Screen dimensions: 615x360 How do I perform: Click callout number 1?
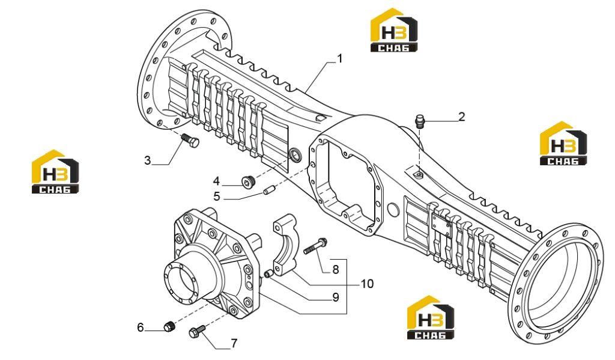340,58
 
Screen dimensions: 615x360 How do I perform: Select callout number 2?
462,117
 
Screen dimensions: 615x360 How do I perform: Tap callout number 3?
148,160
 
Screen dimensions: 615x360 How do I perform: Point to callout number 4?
216,181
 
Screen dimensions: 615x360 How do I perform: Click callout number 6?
141,327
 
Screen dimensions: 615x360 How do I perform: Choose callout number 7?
234,344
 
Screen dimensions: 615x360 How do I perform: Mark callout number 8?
335,269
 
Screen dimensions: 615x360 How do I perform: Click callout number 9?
336,297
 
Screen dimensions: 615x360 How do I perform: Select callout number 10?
367,284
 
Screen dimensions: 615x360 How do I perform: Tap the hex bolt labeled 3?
190,140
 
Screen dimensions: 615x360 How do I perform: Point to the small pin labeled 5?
268,190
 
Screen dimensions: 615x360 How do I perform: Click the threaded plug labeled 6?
169,326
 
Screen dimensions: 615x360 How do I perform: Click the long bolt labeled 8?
315,246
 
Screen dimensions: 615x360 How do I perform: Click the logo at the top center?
394,30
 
